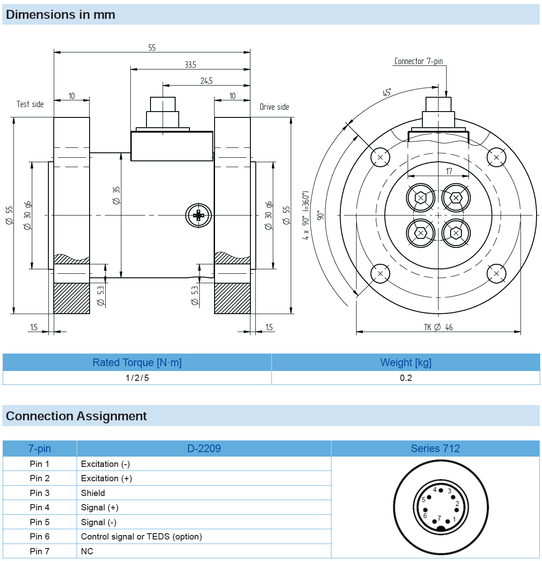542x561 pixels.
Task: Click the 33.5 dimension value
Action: [190, 65]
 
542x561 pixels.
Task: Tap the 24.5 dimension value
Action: [206, 81]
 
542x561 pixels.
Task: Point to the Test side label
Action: [30, 104]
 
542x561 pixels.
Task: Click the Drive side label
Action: [274, 107]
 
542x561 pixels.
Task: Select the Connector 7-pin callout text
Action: [418, 61]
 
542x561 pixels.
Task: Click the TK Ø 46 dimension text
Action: [438, 328]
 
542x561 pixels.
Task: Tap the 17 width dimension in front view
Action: [449, 171]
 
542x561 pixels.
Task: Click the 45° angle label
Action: [387, 93]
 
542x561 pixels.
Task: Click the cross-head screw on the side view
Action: [198, 216]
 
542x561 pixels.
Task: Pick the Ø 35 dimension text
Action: [116, 196]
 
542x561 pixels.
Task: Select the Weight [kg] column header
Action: [406, 362]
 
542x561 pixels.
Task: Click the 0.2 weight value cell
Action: [406, 378]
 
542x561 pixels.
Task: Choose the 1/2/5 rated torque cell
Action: [137, 378]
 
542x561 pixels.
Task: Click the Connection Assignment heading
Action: [77, 416]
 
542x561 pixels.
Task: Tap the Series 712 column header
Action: [435, 449]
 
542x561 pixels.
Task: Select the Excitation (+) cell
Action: [107, 479]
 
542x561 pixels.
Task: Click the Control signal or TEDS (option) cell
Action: [142, 537]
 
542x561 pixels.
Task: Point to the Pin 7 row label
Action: [39, 551]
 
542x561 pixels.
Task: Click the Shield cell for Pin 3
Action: [93, 493]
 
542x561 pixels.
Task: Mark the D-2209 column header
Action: [204, 449]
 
